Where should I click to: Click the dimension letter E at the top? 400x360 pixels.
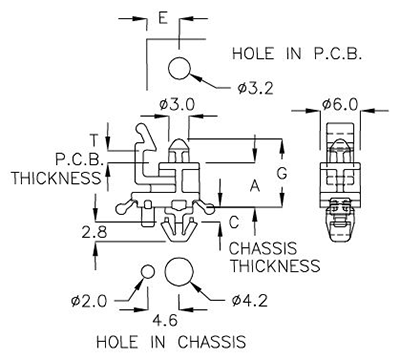click(163, 19)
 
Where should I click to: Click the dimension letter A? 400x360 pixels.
click(254, 185)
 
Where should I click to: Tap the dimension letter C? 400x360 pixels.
click(233, 222)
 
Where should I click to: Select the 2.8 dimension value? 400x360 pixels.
click(95, 231)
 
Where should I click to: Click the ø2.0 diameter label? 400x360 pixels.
click(89, 300)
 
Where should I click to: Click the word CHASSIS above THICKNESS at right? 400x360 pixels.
click(263, 248)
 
